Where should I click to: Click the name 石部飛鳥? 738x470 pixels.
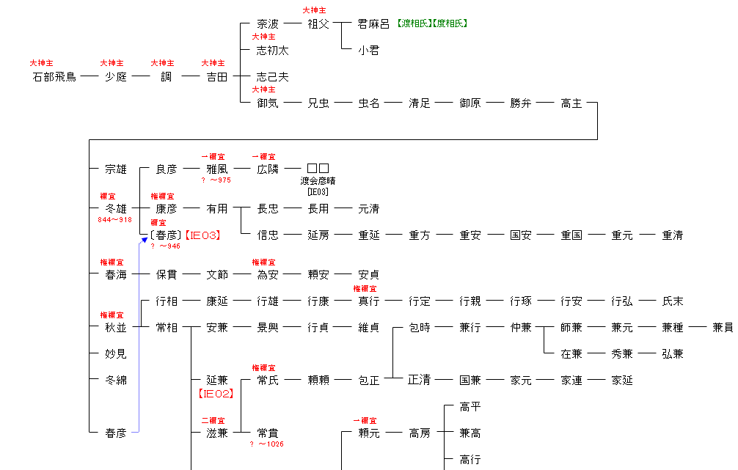click(x=54, y=77)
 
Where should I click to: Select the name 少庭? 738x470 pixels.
click(x=115, y=77)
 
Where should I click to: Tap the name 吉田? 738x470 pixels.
click(x=216, y=77)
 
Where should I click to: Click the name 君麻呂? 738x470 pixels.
click(x=373, y=24)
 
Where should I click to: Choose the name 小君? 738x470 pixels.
click(x=368, y=51)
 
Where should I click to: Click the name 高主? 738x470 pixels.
click(x=571, y=103)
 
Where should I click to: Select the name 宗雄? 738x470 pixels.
click(x=116, y=169)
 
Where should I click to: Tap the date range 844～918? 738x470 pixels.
click(x=115, y=220)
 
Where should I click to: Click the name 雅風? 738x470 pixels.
click(x=216, y=169)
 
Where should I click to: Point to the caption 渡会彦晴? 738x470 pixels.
click(x=318, y=181)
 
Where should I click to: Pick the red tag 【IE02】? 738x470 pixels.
click(x=216, y=394)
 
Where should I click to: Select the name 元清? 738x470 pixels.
click(x=368, y=209)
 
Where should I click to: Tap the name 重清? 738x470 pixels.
click(x=672, y=235)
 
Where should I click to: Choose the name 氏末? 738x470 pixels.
click(x=672, y=301)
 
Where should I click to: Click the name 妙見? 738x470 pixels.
click(x=116, y=354)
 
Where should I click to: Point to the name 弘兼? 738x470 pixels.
click(x=672, y=354)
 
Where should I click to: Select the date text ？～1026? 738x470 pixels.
click(x=266, y=444)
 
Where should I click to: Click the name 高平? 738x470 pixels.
click(x=470, y=407)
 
